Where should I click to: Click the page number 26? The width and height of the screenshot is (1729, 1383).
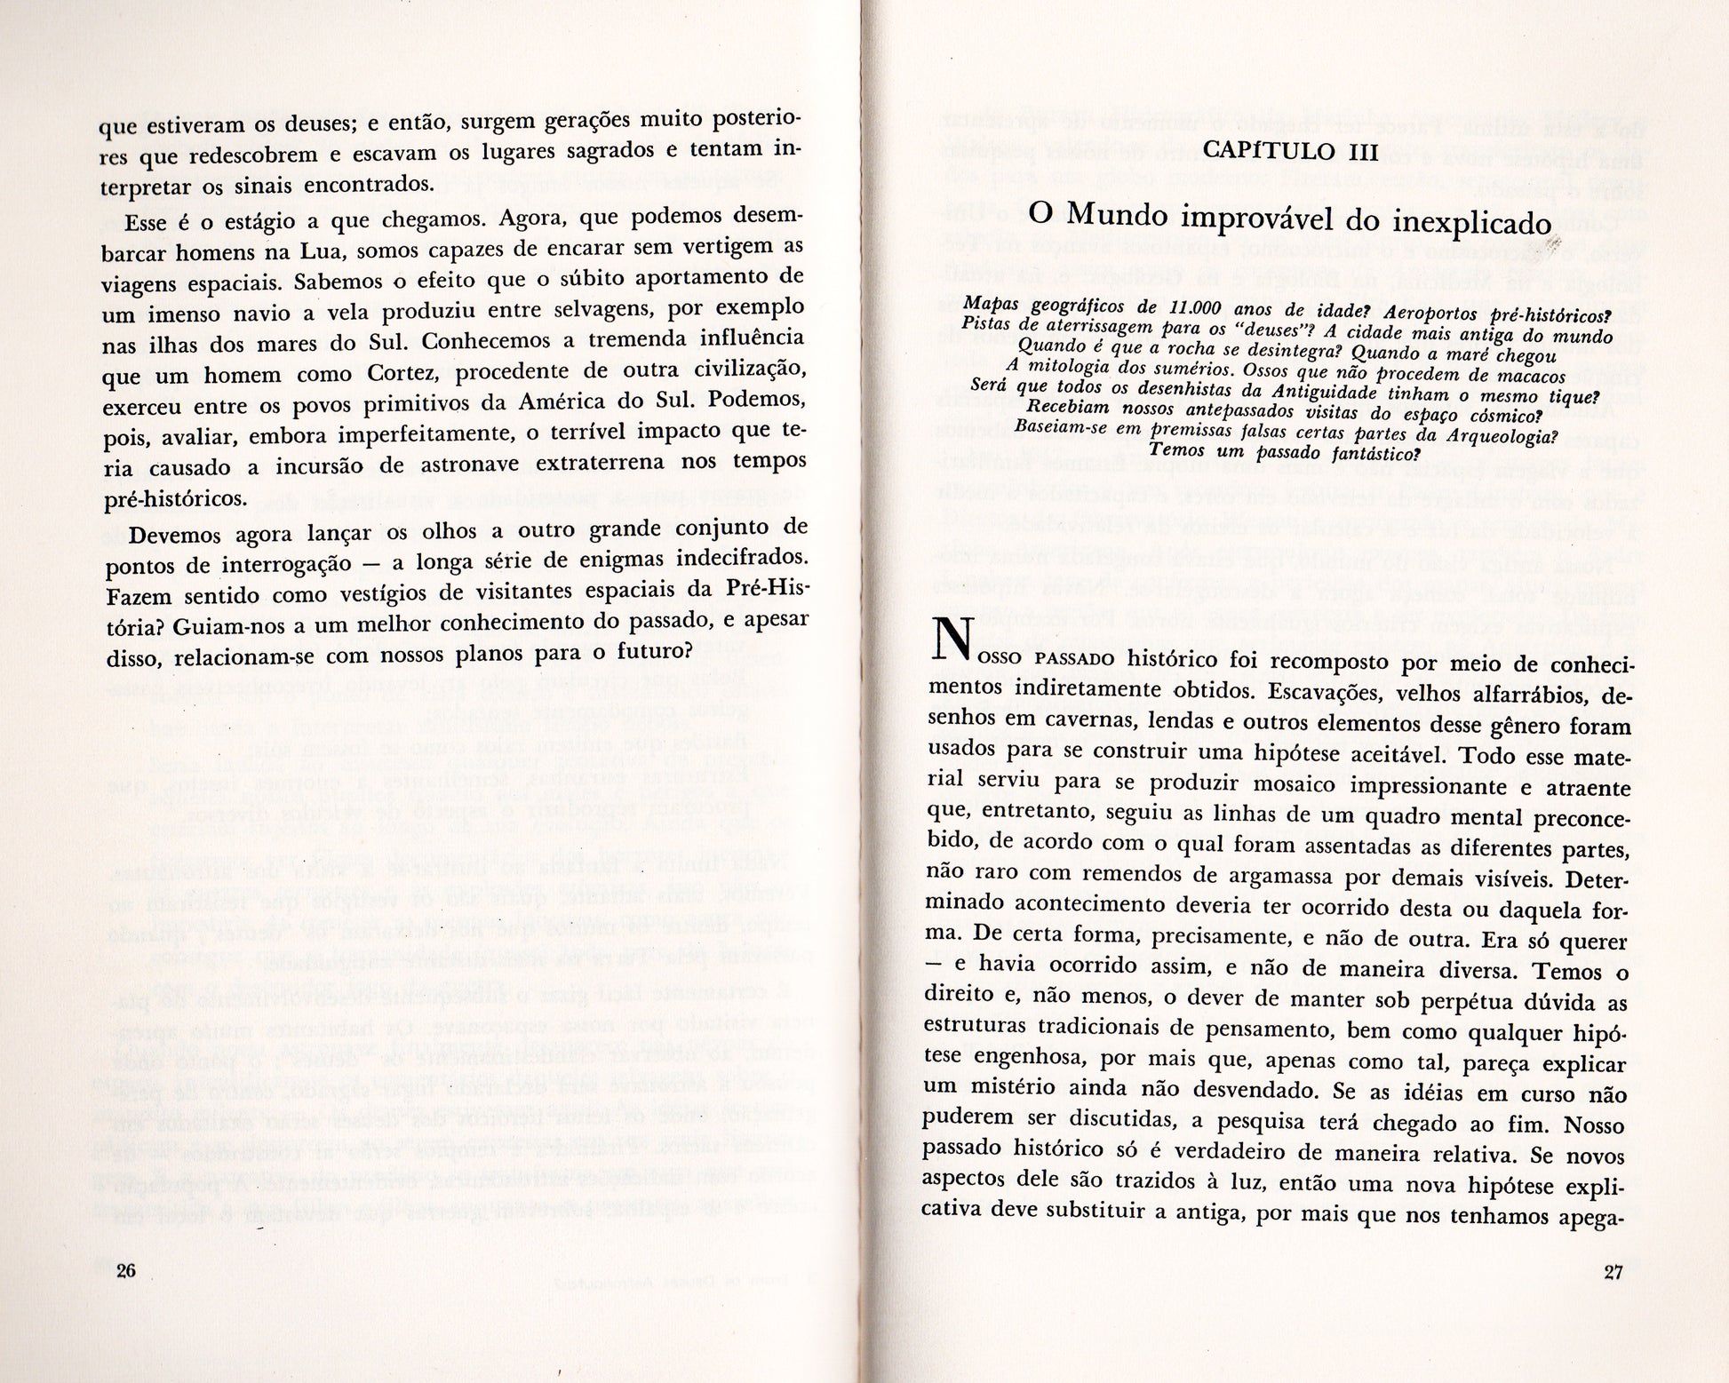pyautogui.click(x=125, y=1270)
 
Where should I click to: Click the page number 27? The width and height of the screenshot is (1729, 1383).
pyautogui.click(x=1613, y=1271)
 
